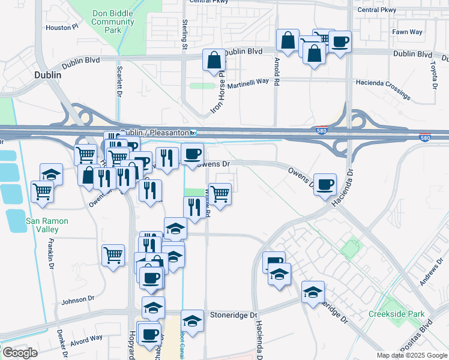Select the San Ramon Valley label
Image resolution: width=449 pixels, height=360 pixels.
[47, 225]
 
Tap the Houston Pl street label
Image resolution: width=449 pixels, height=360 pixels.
[62, 27]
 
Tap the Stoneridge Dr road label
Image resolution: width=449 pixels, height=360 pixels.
[233, 314]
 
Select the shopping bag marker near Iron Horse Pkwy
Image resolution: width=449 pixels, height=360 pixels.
[214, 60]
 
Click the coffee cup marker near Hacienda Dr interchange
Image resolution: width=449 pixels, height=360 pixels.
[325, 184]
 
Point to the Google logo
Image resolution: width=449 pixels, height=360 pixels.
[19, 353]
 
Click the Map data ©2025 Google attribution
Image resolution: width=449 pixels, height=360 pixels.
[412, 355]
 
